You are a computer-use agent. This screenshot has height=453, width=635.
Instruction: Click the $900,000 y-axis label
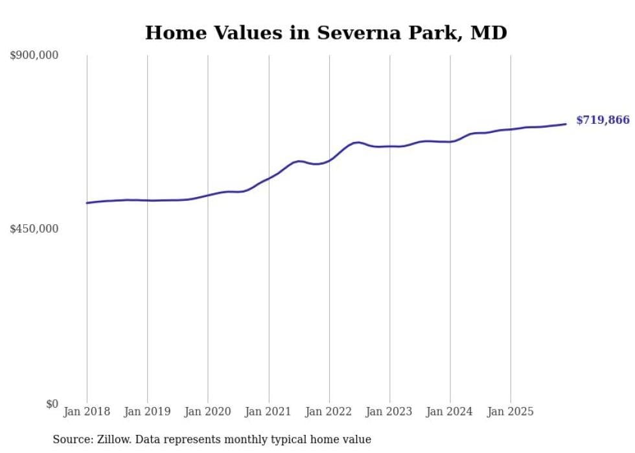(x=34, y=56)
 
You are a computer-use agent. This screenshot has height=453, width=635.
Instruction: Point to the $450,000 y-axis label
(x=34, y=229)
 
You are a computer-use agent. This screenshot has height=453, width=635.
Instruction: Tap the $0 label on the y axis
(x=52, y=404)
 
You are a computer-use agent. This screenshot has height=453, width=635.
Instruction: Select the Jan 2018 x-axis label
(x=87, y=412)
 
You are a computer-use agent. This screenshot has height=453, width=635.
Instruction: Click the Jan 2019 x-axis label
(x=147, y=412)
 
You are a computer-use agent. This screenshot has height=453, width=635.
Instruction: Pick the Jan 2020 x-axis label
(x=208, y=412)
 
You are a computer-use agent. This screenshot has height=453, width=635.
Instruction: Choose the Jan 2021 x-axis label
(x=268, y=412)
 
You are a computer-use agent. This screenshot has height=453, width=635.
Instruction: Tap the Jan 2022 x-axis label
(x=329, y=412)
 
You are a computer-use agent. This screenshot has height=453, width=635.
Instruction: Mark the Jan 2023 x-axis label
(x=389, y=412)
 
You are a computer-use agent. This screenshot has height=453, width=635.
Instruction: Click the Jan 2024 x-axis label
(x=450, y=412)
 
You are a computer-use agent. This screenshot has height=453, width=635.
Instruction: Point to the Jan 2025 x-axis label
(x=511, y=412)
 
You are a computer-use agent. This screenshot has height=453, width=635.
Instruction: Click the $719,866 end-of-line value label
(x=603, y=120)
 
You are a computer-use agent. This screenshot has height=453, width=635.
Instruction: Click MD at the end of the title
(x=489, y=32)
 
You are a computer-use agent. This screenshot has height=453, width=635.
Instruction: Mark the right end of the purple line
(x=566, y=124)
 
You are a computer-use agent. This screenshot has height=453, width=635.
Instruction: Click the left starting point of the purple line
(x=87, y=203)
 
